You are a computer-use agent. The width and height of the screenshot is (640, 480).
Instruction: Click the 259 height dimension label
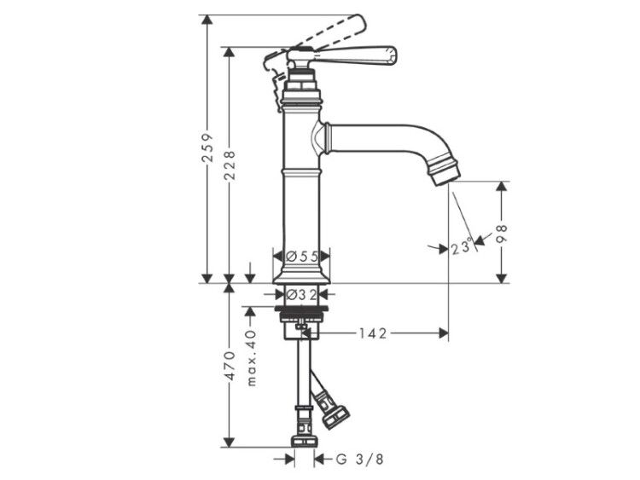[207, 147]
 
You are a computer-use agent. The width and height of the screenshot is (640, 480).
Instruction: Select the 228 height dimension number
[230, 165]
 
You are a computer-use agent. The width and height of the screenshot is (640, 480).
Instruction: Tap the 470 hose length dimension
[230, 365]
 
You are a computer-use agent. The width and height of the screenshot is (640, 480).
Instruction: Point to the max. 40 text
[252, 357]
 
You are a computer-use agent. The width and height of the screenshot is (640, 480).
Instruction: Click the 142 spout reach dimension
[373, 333]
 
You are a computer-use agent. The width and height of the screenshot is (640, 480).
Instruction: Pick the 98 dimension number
[502, 234]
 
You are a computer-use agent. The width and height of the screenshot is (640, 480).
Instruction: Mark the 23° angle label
[462, 247]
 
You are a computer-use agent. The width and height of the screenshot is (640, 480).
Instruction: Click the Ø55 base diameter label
[301, 256]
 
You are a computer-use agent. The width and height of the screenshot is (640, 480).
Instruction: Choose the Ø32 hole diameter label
[301, 293]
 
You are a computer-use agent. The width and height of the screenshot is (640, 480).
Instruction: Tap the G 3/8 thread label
[359, 460]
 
